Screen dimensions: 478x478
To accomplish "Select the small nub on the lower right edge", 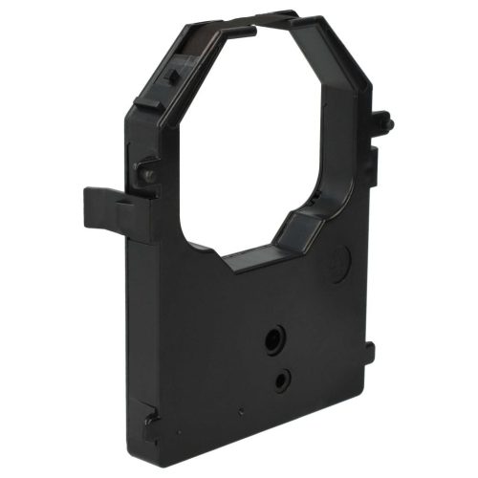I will (369, 354).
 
